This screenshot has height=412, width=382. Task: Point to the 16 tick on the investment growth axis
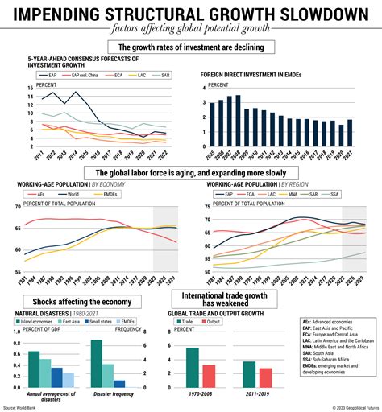30,88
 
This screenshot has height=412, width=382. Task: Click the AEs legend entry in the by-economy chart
41,194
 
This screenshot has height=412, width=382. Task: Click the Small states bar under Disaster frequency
119,384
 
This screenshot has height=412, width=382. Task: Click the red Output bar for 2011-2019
266,378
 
